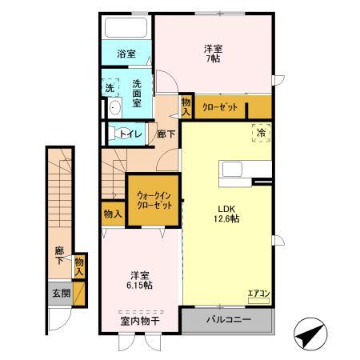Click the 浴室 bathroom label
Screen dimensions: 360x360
(126, 54)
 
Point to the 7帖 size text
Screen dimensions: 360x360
(213, 59)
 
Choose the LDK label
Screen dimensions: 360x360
(226, 213)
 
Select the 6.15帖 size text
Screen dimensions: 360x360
(138, 284)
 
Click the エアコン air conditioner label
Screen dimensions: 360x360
(259, 294)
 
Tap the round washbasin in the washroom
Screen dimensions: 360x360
(113, 108)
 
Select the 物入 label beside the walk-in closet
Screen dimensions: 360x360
(113, 214)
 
